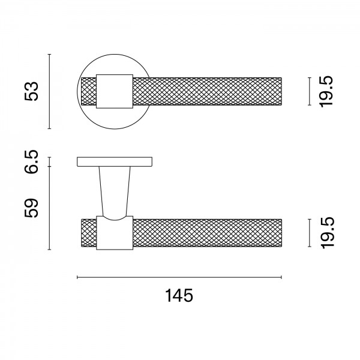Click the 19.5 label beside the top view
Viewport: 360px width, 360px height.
[x=326, y=91]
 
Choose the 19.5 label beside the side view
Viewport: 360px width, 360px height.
[x=326, y=233]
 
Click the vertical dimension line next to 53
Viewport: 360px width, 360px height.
[x=50, y=91]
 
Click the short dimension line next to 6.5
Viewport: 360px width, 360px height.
[x=50, y=161]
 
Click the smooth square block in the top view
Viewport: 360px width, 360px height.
[x=113, y=91]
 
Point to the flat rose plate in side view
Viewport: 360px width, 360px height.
[x=114, y=162]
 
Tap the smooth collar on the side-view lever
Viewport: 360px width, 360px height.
[x=113, y=234]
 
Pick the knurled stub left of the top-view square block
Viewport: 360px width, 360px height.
[x=88, y=91]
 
